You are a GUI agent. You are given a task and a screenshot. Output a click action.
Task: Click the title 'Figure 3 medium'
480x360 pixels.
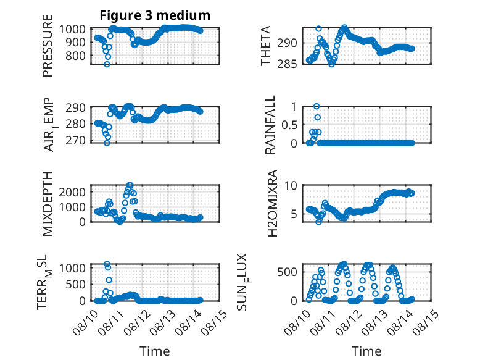155,15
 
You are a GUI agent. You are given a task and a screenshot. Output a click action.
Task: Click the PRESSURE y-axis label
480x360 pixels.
48,46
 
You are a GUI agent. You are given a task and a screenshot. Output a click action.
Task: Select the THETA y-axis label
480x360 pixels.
266,46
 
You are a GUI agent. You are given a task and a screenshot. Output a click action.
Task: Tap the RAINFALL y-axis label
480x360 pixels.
270,125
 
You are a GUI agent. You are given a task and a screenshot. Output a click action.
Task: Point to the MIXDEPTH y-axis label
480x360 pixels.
48,203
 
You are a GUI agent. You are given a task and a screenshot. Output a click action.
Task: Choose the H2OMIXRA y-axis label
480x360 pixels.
272,203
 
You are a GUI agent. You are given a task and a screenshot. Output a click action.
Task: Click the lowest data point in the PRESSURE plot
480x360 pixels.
107,64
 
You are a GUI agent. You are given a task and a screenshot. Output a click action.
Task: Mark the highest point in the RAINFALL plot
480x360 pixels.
317,106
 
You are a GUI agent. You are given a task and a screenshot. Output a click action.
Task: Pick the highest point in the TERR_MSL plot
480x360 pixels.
107,264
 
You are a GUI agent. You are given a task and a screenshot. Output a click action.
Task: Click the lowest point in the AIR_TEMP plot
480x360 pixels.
107,143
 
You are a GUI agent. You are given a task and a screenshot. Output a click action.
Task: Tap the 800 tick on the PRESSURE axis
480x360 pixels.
75,56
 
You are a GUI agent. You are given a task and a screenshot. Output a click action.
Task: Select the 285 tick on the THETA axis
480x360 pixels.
287,64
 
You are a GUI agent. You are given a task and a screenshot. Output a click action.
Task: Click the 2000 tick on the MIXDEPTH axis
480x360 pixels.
72,193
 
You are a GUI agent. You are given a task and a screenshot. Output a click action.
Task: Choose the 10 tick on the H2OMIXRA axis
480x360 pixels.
291,185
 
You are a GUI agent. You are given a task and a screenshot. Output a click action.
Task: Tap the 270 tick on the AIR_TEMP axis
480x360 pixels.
75,140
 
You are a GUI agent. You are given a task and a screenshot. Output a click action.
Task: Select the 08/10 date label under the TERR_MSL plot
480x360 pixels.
85,322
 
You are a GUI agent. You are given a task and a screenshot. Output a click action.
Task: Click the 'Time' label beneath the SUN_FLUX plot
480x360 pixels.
366,351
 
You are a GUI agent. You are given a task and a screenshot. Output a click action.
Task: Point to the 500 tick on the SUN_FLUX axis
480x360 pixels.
287,272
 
